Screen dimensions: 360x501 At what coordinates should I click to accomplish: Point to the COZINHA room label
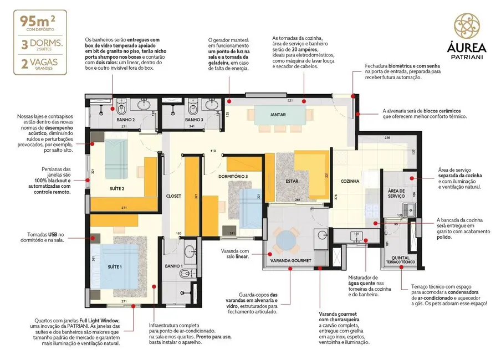coord(350,181)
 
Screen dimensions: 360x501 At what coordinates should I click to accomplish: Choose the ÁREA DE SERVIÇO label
coord(396,193)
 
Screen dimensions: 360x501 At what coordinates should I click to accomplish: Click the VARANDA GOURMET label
coord(290,260)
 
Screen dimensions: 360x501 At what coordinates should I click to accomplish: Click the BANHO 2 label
coord(125,120)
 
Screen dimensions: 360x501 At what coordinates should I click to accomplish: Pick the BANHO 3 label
coord(194,120)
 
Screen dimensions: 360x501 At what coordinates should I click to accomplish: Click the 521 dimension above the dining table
coord(289,101)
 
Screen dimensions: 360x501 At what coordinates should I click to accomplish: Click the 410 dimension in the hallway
coord(213,151)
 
